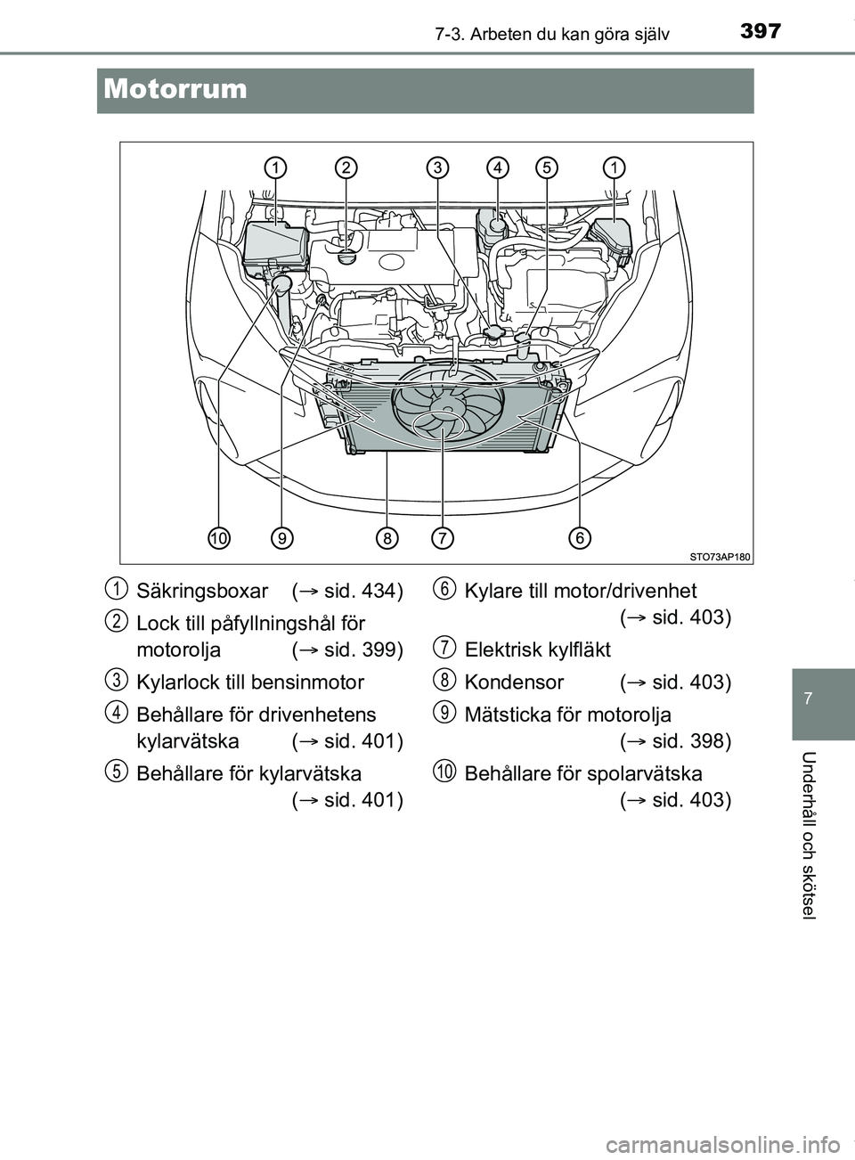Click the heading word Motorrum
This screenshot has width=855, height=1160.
point(175,89)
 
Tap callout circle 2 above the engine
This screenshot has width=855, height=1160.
point(346,167)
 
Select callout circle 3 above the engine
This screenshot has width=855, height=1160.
point(436,167)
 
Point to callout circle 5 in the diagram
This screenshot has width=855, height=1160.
point(547,167)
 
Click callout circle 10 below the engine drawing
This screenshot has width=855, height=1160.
point(218,538)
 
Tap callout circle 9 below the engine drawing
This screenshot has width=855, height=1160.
point(281,538)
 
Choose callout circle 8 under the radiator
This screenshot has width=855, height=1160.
point(387,538)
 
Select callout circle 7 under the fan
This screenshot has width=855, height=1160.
point(443,538)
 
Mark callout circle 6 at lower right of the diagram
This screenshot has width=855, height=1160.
point(580,538)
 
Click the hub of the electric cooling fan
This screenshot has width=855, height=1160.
point(443,412)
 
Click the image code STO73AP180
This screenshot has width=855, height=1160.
point(721,557)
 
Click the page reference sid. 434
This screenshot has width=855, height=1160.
point(360,591)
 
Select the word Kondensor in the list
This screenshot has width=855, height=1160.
point(514,682)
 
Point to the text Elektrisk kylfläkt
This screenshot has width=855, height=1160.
point(537,649)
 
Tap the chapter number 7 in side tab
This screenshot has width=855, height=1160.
point(823,691)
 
